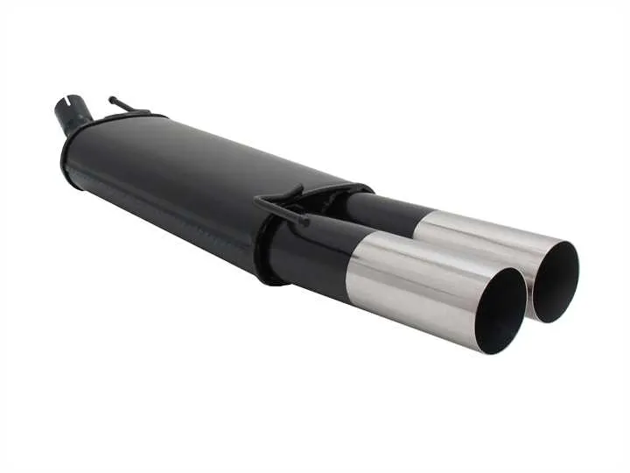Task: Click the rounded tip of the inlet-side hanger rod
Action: click(x=113, y=99)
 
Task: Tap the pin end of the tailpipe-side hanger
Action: click(x=304, y=222)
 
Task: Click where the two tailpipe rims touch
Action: click(x=528, y=290)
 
